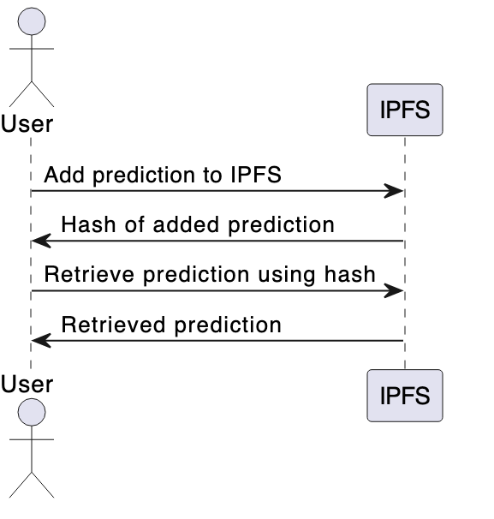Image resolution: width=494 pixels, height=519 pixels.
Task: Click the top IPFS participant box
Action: click(x=404, y=110)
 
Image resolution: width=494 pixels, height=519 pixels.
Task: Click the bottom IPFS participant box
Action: click(x=404, y=396)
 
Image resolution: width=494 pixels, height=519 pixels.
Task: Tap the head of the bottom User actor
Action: click(x=32, y=413)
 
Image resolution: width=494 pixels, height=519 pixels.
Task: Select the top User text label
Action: click(x=27, y=124)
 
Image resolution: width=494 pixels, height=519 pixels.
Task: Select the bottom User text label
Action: click(x=27, y=383)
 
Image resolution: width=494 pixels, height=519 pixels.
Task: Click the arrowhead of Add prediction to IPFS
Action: click(x=394, y=191)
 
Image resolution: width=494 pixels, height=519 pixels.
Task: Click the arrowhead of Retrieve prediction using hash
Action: click(x=394, y=291)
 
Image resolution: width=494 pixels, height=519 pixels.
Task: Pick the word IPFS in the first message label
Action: click(x=255, y=176)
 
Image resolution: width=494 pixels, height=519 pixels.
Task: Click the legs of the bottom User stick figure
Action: click(x=32, y=483)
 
